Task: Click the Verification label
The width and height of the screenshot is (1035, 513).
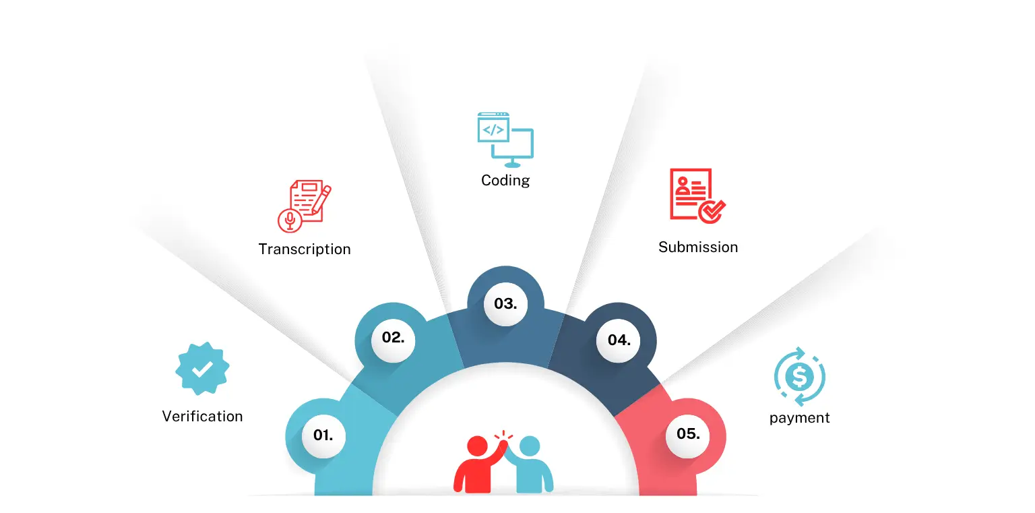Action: point(202,416)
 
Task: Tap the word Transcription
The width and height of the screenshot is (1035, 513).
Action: point(305,249)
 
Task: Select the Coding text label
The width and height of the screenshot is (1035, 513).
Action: point(505,180)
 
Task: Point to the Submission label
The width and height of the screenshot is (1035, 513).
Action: point(698,247)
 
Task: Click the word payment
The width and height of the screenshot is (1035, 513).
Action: point(799,417)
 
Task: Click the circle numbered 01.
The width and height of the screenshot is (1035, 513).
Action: point(323,435)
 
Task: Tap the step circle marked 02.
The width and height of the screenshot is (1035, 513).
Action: point(393,338)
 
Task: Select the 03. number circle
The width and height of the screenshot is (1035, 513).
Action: point(505,304)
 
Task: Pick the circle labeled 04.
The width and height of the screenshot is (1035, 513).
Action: point(619,340)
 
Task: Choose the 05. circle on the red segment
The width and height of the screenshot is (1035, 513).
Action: point(688,434)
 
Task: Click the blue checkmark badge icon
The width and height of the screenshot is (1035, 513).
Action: point(202,369)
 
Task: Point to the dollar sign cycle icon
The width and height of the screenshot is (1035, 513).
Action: point(800,376)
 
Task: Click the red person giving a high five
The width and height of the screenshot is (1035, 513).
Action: point(475,465)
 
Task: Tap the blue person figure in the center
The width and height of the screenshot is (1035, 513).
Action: point(532,465)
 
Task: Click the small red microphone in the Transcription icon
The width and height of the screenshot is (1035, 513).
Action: point(290,220)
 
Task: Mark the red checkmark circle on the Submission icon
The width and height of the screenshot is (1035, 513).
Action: point(711,211)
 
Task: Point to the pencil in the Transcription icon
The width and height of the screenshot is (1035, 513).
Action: point(322,198)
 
